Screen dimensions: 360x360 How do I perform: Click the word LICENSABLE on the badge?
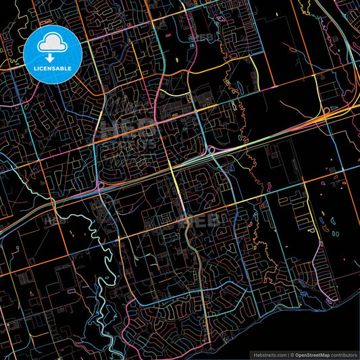point(53,68)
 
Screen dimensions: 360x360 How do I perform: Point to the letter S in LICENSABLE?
point(57,68)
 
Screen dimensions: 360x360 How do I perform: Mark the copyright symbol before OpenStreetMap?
point(293,355)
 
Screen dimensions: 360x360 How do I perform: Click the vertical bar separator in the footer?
point(288,355)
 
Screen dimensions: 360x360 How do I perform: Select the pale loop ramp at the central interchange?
point(211,149)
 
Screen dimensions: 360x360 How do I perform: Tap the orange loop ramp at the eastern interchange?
point(326,111)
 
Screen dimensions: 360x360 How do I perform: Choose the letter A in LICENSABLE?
point(61,68)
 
